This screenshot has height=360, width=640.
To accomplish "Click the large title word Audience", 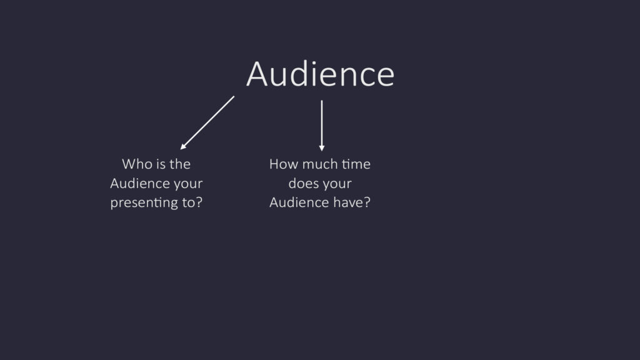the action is tap(321, 74).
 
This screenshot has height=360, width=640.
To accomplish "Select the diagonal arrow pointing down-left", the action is tap(207, 123).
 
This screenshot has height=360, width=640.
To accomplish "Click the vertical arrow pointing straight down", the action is tap(322, 126).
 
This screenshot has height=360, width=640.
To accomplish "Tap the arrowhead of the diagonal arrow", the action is tap(183, 146).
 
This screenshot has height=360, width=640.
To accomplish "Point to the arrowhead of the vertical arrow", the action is tap(322, 148).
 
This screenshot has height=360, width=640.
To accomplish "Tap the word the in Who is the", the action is tap(180, 164).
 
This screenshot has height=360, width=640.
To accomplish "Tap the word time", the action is tap(356, 164).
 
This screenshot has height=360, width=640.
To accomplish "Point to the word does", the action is tap(303, 183).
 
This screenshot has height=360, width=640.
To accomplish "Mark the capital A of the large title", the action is tap(257, 74).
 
